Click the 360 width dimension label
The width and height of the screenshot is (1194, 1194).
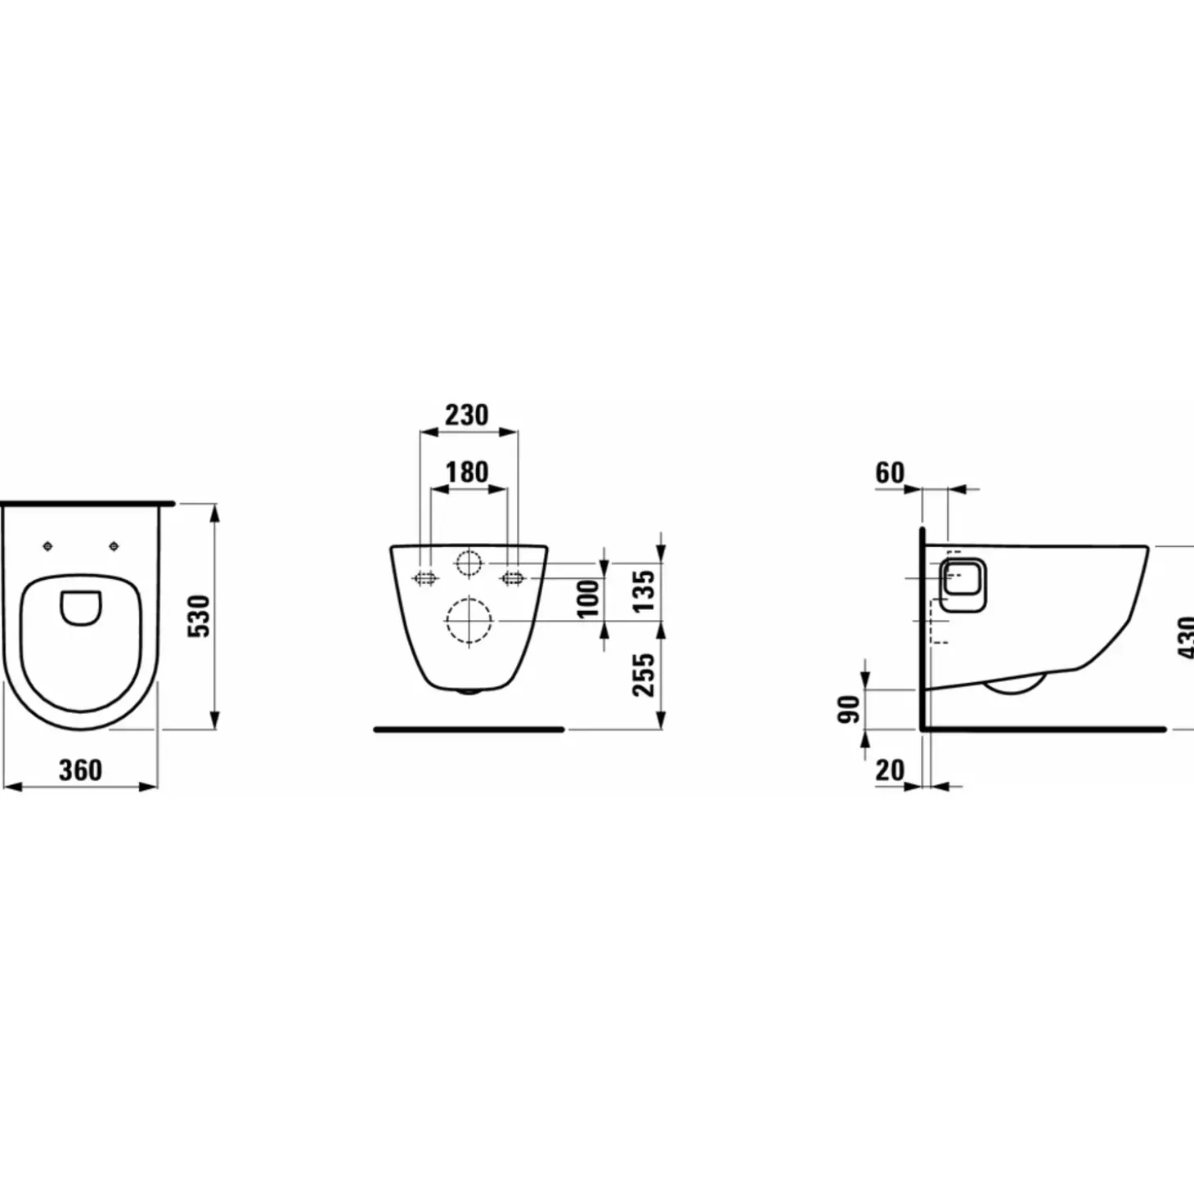tap(80, 770)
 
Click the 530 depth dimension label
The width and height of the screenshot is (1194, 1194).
tap(200, 616)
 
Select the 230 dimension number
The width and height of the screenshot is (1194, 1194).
tap(467, 415)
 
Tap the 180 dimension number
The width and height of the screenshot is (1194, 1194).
tap(467, 472)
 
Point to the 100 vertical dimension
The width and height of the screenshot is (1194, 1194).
tap(589, 599)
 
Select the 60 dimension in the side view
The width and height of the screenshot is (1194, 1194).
tap(890, 474)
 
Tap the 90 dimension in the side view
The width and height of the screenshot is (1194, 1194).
tap(849, 710)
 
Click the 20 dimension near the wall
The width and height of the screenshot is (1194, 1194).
tap(890, 770)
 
